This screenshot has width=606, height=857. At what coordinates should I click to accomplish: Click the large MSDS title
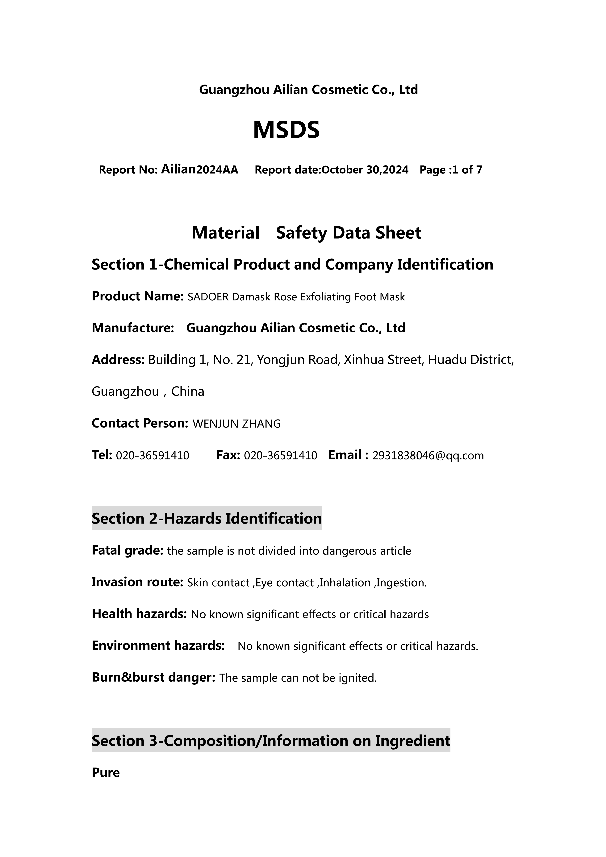click(286, 130)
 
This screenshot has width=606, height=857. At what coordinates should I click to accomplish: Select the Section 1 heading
click(292, 265)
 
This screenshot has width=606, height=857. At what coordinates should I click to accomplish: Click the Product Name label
click(137, 296)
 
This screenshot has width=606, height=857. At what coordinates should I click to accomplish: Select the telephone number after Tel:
click(153, 456)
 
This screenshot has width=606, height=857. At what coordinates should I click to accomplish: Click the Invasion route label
click(137, 582)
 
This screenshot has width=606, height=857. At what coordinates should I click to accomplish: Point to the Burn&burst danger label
click(153, 677)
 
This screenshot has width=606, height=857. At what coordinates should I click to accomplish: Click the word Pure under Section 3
click(106, 773)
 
